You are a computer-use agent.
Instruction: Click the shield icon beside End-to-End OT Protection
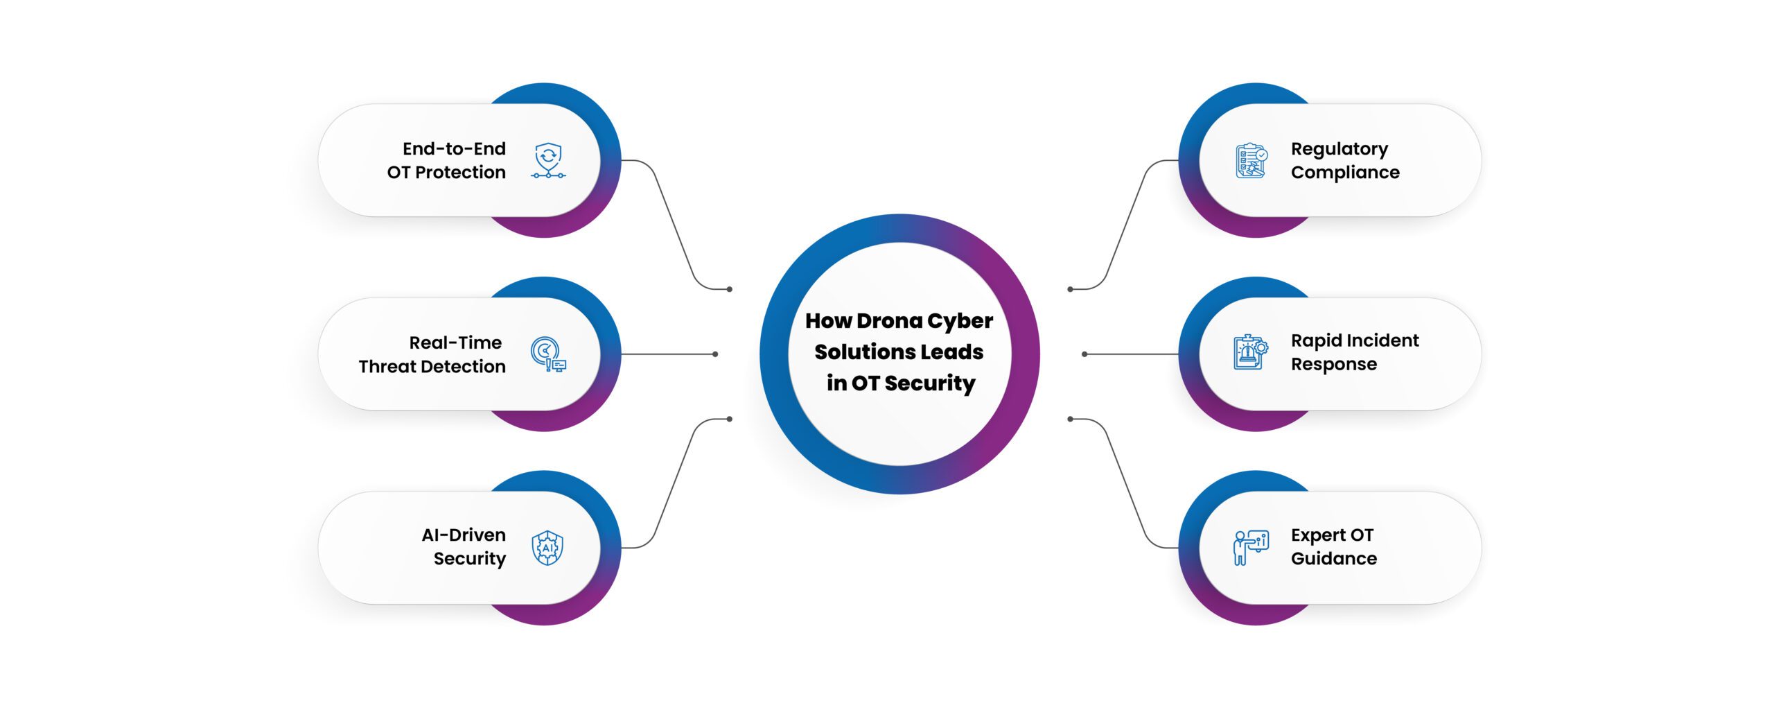tap(548, 160)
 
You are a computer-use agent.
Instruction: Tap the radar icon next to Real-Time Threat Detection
tap(548, 354)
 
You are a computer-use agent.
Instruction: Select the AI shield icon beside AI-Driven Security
tap(547, 548)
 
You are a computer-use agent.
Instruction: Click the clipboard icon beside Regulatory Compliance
tap(1252, 160)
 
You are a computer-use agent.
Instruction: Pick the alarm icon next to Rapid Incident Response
tap(1251, 353)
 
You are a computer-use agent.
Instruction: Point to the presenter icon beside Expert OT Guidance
tap(1251, 548)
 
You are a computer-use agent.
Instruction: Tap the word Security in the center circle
tap(929, 383)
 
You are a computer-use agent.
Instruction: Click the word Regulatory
tap(1339, 150)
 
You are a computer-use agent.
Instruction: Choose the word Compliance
tap(1344, 173)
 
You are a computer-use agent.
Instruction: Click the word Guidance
tap(1333, 559)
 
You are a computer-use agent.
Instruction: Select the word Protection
tap(460, 173)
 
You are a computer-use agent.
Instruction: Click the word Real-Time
tap(455, 343)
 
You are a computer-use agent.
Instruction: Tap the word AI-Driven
tap(464, 535)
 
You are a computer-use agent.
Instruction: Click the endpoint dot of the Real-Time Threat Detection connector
tap(715, 354)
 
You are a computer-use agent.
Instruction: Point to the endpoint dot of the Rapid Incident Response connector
tap(1084, 354)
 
